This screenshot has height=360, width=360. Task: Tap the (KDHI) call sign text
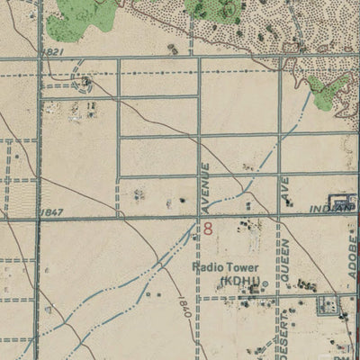click(238, 281)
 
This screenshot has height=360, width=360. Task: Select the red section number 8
click(209, 229)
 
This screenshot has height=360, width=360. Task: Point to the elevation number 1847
click(52, 211)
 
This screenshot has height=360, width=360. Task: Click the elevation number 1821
click(52, 52)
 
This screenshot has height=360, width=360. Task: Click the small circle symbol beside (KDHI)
click(265, 282)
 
